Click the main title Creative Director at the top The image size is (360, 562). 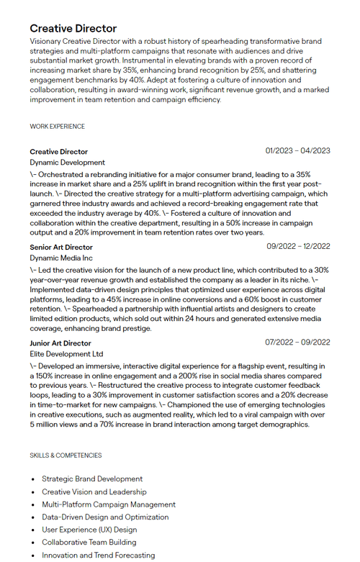[x=73, y=29]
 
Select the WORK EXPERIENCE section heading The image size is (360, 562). [x=57, y=127]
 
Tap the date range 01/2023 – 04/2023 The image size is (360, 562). [x=297, y=151]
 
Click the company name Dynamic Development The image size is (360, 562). [x=67, y=163]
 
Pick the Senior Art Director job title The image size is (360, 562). [x=61, y=248]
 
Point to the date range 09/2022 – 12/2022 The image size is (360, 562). [x=298, y=247]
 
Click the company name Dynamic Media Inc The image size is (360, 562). [x=61, y=258]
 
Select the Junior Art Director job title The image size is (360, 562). [x=60, y=343]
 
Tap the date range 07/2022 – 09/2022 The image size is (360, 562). [x=297, y=343]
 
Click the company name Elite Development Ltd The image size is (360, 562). [x=66, y=354]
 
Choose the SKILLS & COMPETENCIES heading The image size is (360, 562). [x=66, y=456]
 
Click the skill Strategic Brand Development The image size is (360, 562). [x=92, y=479]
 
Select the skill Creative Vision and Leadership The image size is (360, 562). [x=94, y=492]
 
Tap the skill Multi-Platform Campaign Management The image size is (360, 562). [x=109, y=504]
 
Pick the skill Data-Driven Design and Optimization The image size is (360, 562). [x=105, y=517]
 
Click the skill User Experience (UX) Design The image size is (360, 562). [x=89, y=530]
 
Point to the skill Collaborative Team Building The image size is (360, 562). [x=89, y=543]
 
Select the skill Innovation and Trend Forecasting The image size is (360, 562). [x=98, y=556]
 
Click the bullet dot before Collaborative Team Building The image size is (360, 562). [x=33, y=543]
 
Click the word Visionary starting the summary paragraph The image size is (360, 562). [x=45, y=42]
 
